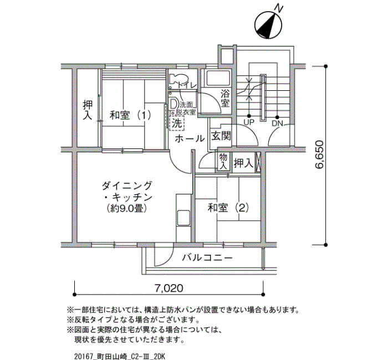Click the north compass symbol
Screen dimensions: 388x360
point(268,25)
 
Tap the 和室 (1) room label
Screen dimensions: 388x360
point(130,115)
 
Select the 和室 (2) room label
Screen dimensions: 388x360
point(228,208)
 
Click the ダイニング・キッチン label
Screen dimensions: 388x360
point(127,197)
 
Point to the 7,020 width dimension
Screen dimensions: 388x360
point(169,289)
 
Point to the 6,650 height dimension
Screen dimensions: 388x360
point(319,155)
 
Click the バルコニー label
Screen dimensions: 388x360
point(208,258)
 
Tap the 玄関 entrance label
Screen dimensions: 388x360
point(221,136)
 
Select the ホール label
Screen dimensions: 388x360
point(190,138)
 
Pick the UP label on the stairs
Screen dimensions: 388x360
point(249,122)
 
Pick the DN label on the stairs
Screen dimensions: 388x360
point(277,123)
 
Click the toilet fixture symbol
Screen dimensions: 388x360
point(177,79)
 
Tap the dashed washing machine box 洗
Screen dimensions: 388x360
point(177,123)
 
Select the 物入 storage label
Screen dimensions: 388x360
point(223,161)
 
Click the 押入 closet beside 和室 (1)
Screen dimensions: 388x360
point(88,110)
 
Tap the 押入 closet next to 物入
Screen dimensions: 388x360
point(244,163)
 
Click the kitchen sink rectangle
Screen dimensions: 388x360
point(183,218)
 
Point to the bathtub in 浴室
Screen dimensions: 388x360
point(218,79)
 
